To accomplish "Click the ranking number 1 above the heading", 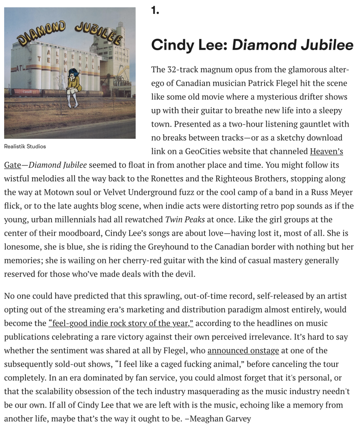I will click(x=155, y=11).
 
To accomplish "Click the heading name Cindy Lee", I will click(x=189, y=45).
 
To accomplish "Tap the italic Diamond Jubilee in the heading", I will click(x=293, y=45).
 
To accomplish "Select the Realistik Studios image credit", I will click(x=25, y=146).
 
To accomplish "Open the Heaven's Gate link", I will click(x=326, y=151).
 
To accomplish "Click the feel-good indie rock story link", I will click(x=121, y=323).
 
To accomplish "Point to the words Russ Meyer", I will click(x=333, y=192).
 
